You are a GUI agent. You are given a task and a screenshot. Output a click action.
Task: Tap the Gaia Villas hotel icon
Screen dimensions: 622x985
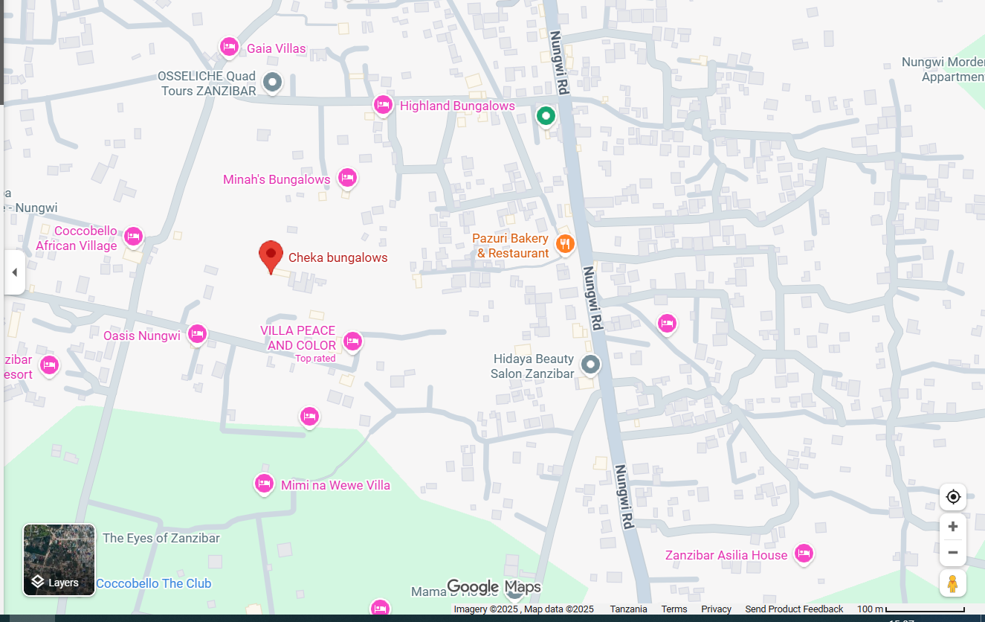[229, 48]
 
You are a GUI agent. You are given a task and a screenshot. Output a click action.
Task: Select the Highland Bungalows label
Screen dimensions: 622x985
[457, 106]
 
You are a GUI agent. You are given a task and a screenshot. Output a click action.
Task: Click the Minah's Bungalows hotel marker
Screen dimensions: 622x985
[347, 179]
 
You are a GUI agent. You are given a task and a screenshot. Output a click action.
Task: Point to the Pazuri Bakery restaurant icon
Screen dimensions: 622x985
[565, 244]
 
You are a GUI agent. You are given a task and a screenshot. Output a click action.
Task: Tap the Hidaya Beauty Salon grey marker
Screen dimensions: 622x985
[590, 365]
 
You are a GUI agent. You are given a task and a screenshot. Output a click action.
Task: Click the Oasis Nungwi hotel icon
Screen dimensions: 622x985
[197, 334]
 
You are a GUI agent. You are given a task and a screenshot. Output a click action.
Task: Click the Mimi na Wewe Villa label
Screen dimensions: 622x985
[335, 485]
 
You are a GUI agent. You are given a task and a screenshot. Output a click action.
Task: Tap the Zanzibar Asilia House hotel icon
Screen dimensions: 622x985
[803, 554]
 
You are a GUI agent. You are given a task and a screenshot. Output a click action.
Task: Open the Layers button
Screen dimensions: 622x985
[59, 560]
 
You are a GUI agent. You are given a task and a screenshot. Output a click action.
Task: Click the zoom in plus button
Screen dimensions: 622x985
[953, 527]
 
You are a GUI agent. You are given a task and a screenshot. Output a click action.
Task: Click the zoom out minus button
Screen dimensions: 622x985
[953, 553]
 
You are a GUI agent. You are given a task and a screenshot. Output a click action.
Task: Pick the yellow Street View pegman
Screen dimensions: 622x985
[953, 583]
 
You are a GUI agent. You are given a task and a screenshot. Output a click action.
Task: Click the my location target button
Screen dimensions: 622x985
[953, 497]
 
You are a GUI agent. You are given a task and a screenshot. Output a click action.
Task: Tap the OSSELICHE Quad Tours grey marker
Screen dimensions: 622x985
[273, 81]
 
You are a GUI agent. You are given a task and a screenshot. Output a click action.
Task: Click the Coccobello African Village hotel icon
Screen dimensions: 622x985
[133, 237]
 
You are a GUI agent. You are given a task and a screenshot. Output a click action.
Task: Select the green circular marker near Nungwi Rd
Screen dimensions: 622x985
[546, 116]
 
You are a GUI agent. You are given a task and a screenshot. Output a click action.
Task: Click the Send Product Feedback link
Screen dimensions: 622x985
[794, 609]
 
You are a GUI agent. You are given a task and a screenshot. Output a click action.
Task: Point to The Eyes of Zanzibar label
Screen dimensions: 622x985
[161, 538]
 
